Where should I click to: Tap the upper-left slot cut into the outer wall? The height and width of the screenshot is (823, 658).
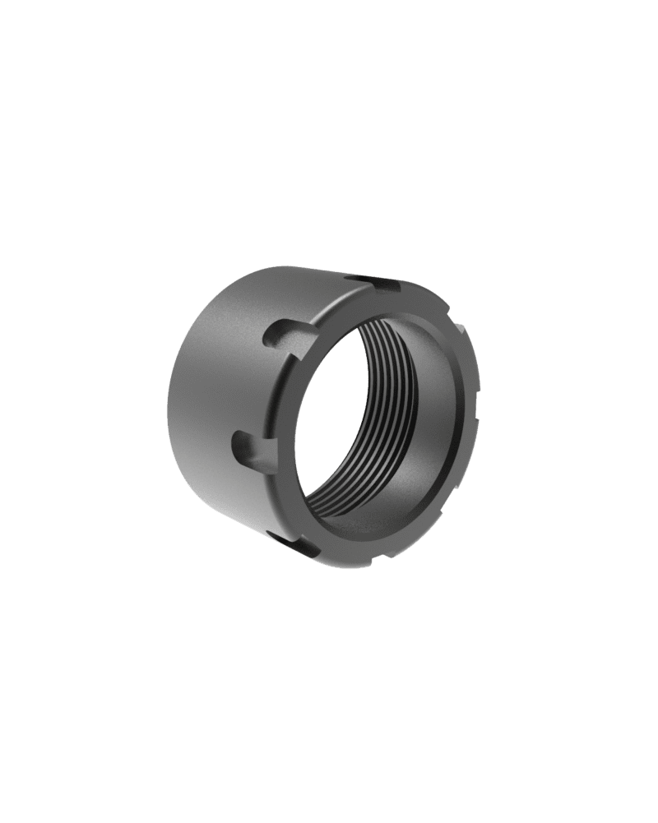tap(284, 335)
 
